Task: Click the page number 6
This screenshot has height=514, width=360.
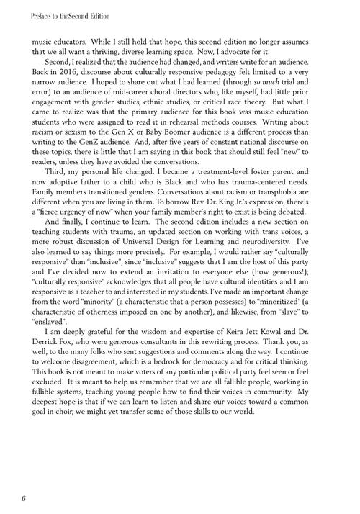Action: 24,497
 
